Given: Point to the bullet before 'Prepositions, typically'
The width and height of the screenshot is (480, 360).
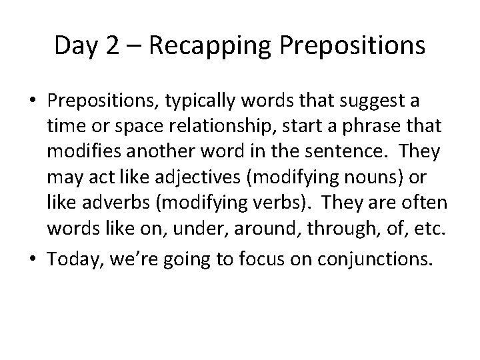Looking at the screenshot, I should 33,101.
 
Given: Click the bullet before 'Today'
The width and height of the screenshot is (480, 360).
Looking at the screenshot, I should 33,259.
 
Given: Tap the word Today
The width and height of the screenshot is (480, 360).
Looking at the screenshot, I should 71,259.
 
